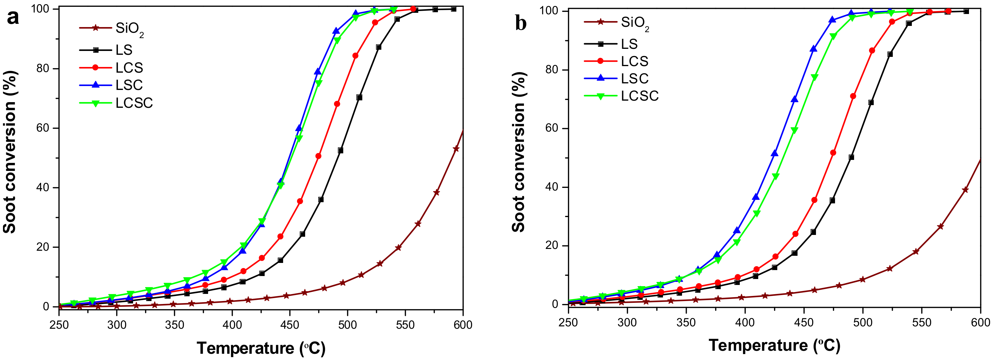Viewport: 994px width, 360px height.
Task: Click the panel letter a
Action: [x=13, y=17]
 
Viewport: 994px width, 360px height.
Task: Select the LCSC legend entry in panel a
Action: [x=134, y=103]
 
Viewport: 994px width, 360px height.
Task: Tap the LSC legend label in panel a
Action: [x=129, y=85]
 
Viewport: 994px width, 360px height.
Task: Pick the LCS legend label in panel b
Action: [x=634, y=61]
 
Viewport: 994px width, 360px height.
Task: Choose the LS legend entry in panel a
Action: [x=124, y=50]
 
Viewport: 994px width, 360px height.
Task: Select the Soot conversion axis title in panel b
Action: [x=519, y=152]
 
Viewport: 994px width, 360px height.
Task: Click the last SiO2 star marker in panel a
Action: [x=456, y=149]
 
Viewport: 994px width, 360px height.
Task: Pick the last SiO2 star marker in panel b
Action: [x=965, y=189]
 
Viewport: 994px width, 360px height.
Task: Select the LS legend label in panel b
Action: [x=629, y=44]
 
